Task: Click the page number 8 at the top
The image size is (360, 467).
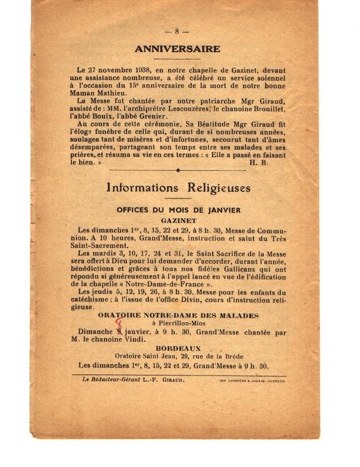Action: coord(177,31)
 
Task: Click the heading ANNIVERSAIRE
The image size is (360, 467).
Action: coord(177,49)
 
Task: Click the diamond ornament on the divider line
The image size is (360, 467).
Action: coord(178,170)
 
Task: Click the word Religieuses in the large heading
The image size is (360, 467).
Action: coord(218,188)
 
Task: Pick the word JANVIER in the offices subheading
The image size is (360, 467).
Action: coord(222,210)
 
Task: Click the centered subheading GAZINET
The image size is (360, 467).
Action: coord(178,219)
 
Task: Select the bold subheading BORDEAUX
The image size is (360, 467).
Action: coord(178,349)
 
